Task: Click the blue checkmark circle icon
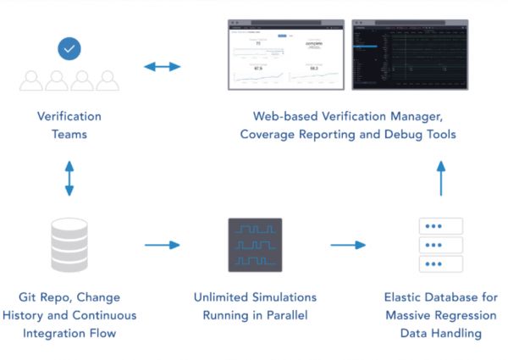pyautogui.click(x=69, y=48)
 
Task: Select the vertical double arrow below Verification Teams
pyautogui.click(x=69, y=179)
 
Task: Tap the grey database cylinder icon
pyautogui.click(x=69, y=246)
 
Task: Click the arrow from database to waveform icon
pyautogui.click(x=163, y=246)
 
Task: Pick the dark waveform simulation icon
pyautogui.click(x=255, y=245)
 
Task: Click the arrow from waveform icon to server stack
pyautogui.click(x=348, y=246)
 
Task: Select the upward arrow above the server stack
pyautogui.click(x=440, y=180)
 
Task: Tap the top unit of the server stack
pyautogui.click(x=440, y=226)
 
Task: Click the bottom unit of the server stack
pyautogui.click(x=440, y=263)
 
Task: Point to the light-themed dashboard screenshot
pyautogui.click(x=287, y=54)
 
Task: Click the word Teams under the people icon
pyautogui.click(x=69, y=134)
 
